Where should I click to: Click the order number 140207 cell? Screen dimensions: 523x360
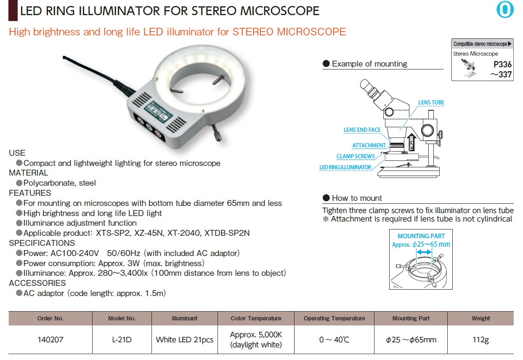tap(50, 339)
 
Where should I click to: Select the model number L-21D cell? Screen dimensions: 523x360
tap(122, 339)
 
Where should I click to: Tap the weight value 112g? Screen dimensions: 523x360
tap(481, 340)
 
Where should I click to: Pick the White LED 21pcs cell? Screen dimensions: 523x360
tap(184, 340)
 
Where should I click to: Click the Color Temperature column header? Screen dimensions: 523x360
tap(256, 318)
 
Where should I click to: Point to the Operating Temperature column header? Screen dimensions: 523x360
tap(334, 318)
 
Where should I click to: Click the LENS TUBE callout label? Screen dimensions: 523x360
tap(431, 102)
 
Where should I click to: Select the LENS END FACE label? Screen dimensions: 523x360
tap(362, 130)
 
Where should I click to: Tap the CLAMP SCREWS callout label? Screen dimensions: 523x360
tap(356, 156)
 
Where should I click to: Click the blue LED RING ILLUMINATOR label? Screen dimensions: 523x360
tap(345, 167)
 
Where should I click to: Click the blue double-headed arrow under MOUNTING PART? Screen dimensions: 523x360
tap(424, 252)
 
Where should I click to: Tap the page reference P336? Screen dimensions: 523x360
tap(502, 64)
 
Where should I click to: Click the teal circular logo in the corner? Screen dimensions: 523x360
tap(505, 10)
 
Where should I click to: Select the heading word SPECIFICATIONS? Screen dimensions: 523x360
tap(42, 243)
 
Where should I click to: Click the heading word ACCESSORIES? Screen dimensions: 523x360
tap(37, 283)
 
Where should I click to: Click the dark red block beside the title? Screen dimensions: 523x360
tap(13, 11)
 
